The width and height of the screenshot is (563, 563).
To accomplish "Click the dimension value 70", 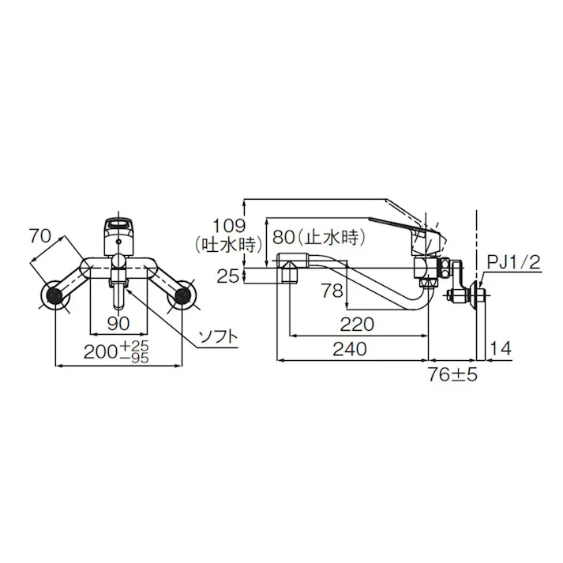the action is click(x=40, y=237).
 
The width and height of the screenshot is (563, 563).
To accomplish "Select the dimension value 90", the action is click(x=118, y=324).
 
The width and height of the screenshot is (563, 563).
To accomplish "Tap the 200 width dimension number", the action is click(x=102, y=352).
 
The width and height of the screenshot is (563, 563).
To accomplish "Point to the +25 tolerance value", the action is click(x=135, y=346).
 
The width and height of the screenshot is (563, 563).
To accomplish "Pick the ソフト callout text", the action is click(x=218, y=337).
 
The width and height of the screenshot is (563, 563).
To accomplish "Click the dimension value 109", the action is click(x=229, y=226).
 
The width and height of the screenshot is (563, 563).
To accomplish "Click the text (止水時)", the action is click(x=331, y=238).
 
